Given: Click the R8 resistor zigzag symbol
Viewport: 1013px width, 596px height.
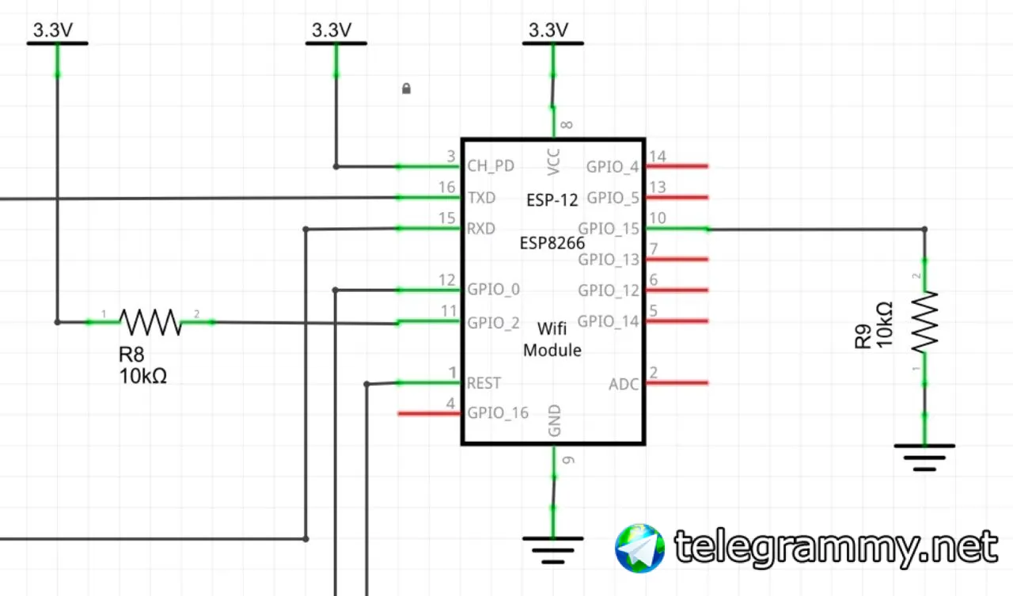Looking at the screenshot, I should pos(150,321).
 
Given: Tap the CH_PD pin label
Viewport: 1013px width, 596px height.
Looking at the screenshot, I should pos(491,166).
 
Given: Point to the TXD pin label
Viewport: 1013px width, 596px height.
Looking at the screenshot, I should pos(482,198).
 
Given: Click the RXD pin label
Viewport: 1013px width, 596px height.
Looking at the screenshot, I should pos(481,229).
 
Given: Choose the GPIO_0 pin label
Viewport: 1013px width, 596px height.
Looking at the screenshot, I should pos(494,290).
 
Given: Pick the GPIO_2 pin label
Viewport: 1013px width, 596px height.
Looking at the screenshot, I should pos(494,322).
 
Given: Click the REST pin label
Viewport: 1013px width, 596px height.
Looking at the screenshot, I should pos(484,383).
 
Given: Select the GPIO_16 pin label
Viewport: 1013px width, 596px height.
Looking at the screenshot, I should pos(498,413).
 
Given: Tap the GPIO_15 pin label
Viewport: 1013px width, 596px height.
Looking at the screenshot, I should pos(609,229).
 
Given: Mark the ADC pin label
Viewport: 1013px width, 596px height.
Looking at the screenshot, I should pos(624,385).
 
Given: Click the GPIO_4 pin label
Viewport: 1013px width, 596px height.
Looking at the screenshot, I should pos(613,167).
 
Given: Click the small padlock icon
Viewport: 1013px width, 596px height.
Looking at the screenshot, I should pos(406,88).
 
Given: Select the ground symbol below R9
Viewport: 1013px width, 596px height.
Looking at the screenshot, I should pos(924,455).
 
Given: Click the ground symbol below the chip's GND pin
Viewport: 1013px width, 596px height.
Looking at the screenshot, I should pos(553,548).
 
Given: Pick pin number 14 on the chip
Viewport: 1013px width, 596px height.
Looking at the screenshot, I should pos(657,157).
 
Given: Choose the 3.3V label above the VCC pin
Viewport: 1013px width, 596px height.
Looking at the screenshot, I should pos(548,30).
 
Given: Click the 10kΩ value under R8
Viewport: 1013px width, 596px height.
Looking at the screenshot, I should pos(143,377).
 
